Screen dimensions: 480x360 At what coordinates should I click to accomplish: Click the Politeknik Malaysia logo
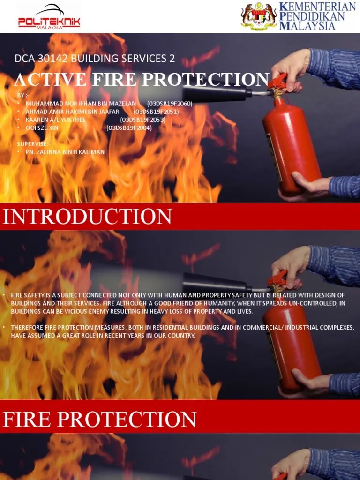[x=49, y=17]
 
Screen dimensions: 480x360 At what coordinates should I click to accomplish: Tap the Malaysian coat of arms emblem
[x=259, y=17]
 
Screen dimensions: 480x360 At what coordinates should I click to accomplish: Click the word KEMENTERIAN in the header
[x=317, y=7]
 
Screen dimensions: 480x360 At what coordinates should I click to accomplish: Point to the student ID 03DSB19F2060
[x=169, y=104]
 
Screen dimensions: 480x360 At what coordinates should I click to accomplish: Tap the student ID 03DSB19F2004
[x=129, y=127]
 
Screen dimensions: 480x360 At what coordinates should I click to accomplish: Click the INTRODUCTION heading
[x=87, y=217]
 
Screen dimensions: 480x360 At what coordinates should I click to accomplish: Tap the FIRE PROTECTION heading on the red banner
[x=99, y=419]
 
